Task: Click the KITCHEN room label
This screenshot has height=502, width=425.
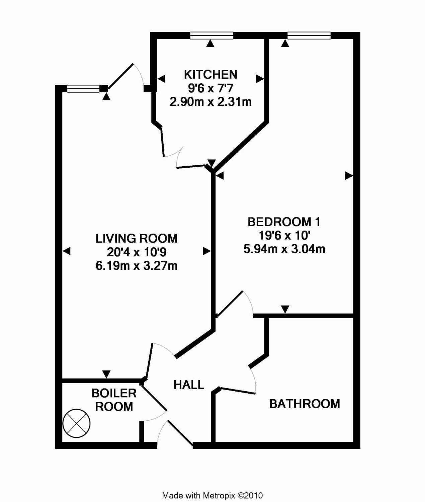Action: (210, 74)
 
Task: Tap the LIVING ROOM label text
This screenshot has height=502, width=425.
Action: (137, 238)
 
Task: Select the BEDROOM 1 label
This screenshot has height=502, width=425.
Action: (284, 222)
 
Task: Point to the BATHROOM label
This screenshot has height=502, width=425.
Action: (305, 404)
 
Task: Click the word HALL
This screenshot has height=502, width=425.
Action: (189, 385)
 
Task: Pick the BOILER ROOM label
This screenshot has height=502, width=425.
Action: (114, 400)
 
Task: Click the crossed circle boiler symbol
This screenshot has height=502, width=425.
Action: (77, 423)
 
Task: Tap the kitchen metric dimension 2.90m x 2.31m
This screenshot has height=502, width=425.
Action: (210, 101)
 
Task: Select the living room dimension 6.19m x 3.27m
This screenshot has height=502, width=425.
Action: (137, 266)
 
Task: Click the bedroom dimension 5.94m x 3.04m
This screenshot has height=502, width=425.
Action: (284, 249)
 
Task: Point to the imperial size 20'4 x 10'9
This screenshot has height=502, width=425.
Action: (137, 252)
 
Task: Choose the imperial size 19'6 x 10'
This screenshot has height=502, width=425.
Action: (284, 235)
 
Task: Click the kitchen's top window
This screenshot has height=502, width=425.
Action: (212, 35)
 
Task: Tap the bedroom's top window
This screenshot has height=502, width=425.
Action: (309, 35)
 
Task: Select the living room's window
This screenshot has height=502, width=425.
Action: (83, 89)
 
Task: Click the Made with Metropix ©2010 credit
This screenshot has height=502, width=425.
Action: (212, 496)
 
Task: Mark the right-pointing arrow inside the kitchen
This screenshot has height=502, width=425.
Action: (260, 79)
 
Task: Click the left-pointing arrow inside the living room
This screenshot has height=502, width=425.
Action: (67, 251)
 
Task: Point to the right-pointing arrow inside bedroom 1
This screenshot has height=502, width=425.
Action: (349, 175)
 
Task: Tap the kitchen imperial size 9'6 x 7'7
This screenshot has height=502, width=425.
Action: (210, 88)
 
